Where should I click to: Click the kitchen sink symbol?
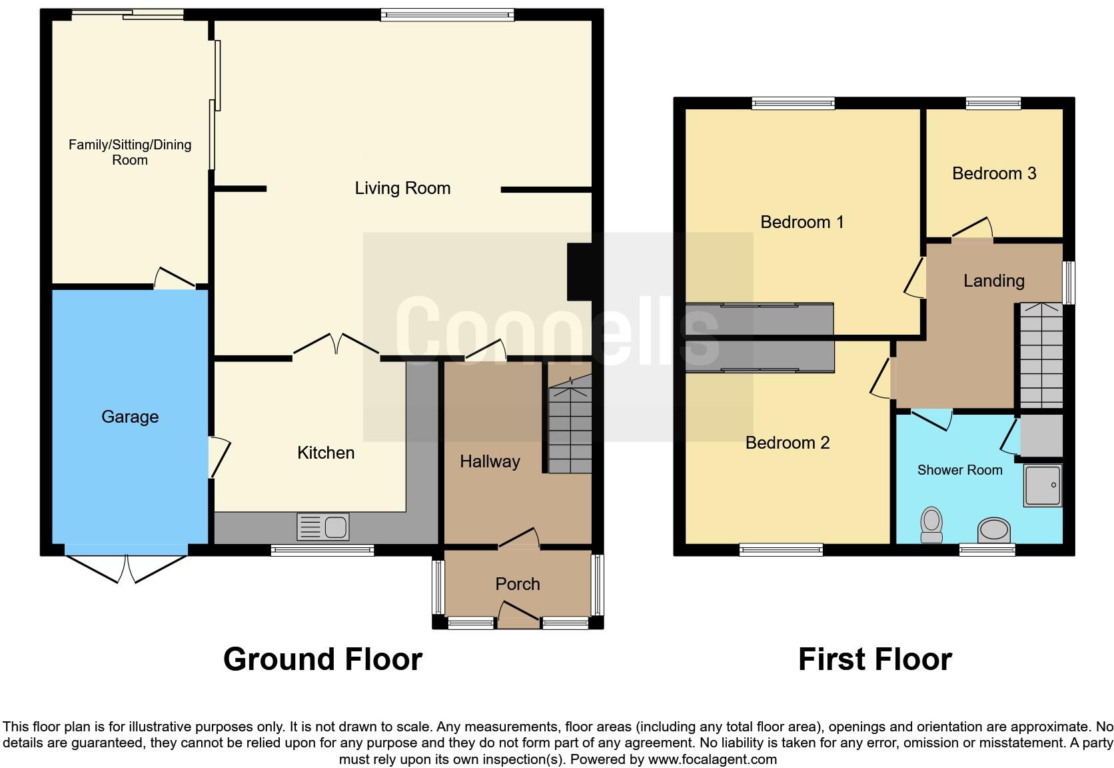323,527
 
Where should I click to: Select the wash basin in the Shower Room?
993,531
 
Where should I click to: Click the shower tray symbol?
1042,485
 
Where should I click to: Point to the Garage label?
130,417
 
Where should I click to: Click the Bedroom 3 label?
994,173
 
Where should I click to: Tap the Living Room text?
402,188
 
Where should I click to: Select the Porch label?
518,584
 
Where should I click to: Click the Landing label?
993,281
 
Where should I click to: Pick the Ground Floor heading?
322,659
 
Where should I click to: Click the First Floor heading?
875,659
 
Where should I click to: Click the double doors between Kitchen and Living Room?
336,347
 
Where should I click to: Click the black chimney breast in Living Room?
579,272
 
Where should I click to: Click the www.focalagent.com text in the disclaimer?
712,759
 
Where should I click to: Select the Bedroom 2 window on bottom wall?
781,550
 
